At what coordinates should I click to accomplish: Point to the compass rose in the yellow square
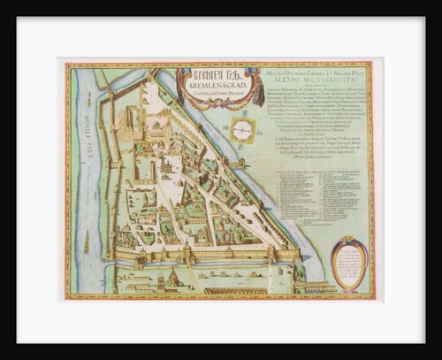click(x=242, y=129)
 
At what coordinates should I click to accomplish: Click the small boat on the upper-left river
click(x=88, y=88)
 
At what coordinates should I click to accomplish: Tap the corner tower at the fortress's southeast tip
click(x=301, y=252)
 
